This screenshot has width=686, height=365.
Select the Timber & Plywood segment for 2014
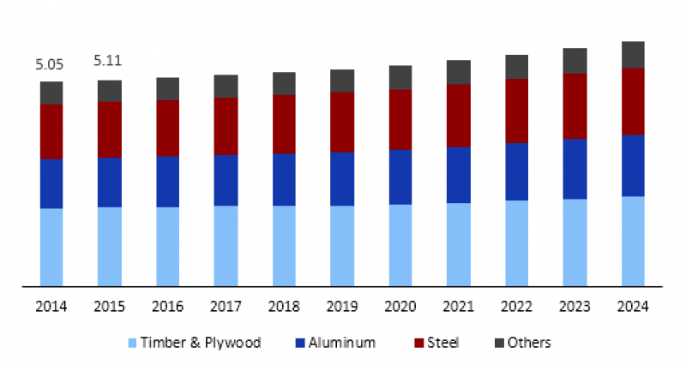pyautogui.click(x=51, y=247)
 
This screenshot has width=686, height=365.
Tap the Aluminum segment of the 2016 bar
pyautogui.click(x=167, y=182)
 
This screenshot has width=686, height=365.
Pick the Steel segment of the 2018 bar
pyautogui.click(x=284, y=124)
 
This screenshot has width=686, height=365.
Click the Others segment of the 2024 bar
pyautogui.click(x=633, y=55)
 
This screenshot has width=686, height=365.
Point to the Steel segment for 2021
pyautogui.click(x=459, y=116)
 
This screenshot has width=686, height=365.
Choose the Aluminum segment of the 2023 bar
pyautogui.click(x=575, y=169)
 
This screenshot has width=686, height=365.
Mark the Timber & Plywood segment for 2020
pyautogui.click(x=400, y=245)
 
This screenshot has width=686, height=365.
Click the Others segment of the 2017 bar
pyautogui.click(x=226, y=86)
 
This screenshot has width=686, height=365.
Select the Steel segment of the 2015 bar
pyautogui.click(x=109, y=129)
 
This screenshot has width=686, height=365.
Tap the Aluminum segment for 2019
pyautogui.click(x=342, y=179)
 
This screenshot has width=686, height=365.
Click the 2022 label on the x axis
pyautogui.click(x=516, y=307)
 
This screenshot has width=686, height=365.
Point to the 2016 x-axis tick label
pyautogui.click(x=167, y=307)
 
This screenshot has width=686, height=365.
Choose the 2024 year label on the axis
pyautogui.click(x=633, y=307)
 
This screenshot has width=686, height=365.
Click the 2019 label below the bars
pyautogui.click(x=342, y=307)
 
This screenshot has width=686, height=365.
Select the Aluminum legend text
pyautogui.click(x=342, y=343)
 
